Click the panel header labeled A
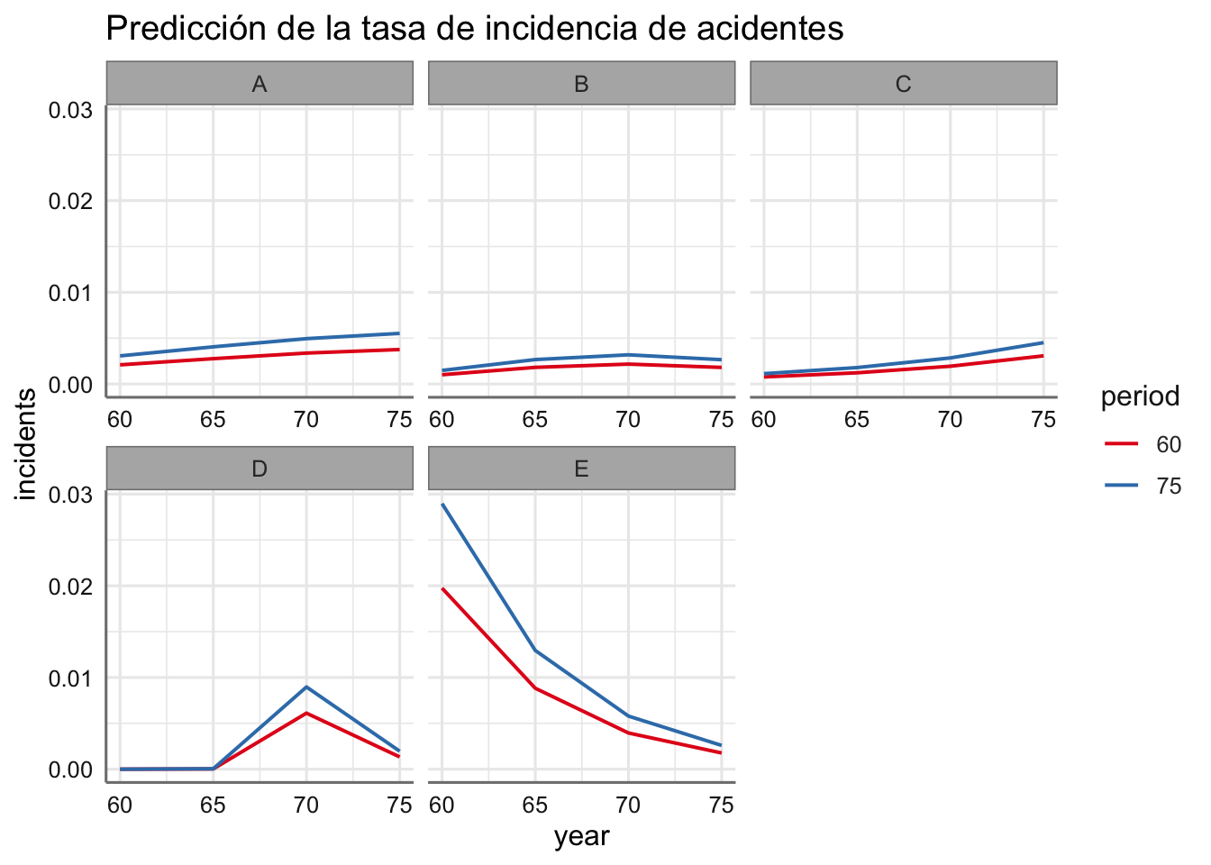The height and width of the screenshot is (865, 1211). tap(259, 85)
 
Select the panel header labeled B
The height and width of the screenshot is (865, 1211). tap(581, 85)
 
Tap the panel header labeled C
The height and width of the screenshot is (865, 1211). tap(903, 85)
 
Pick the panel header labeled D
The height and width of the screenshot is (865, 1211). tap(259, 469)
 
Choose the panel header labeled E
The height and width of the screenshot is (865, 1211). tap(581, 469)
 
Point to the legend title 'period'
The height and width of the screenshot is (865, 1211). tap(1140, 396)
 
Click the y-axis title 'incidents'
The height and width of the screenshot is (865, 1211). tap(27, 444)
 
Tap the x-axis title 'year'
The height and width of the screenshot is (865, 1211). tap(581, 837)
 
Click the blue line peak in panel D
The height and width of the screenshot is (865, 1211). tap(306, 687)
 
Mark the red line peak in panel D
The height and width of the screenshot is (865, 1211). tap(306, 713)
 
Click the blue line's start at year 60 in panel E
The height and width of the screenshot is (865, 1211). tap(442, 505)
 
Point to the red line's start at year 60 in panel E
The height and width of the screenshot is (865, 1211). tap(442, 588)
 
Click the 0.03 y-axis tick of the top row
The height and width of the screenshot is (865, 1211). tap(70, 110)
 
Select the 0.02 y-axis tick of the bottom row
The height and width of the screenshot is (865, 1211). tap(70, 587)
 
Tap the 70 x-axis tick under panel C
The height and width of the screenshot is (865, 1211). tap(950, 420)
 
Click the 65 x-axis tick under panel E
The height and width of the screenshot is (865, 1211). tap(535, 805)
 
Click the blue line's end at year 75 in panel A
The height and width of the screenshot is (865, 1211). tap(398, 333)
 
